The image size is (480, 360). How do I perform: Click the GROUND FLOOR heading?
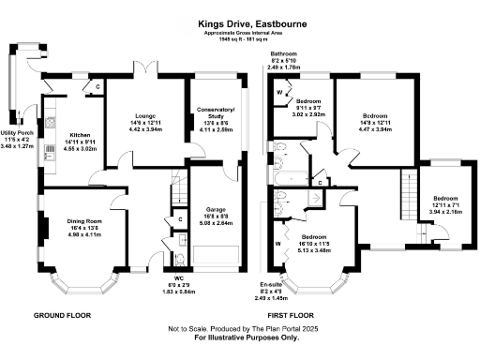pyautogui.click(x=63, y=316)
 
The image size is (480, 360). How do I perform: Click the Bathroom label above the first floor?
pyautogui.click(x=284, y=55)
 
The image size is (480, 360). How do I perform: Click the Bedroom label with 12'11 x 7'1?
pyautogui.click(x=444, y=198)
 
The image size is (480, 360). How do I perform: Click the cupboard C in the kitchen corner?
pyautogui.click(x=97, y=89)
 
